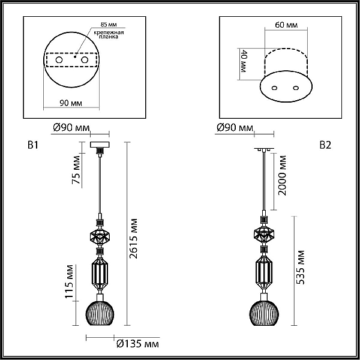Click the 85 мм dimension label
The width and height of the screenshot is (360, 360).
point(109,25)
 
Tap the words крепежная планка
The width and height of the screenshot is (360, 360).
point(109,34)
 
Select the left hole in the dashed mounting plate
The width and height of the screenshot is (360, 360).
point(59,60)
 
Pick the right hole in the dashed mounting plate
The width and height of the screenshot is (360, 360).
point(85,60)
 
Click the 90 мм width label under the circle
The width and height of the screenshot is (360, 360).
point(71,103)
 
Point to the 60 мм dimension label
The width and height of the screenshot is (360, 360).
point(286,25)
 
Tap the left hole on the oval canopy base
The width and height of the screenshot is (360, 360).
point(274,88)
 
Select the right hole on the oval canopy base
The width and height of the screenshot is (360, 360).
point(296,88)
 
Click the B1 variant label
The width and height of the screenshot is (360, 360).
point(33,145)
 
